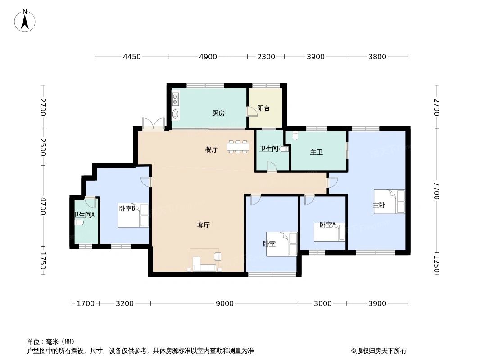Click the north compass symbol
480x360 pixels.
pos(25,21)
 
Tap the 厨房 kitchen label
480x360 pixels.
pos(218,113)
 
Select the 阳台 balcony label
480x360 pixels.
pos(263,108)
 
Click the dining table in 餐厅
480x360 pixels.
pos(238,147)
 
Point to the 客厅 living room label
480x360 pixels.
pos(204,225)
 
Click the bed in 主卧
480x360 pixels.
pos(389,202)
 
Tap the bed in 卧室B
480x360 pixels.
pos(133,216)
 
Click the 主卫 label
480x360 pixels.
pos(317,153)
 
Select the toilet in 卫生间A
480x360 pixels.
pos(79,222)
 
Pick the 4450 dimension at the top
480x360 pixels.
pos(132,57)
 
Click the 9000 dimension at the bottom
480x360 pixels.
pos(224,303)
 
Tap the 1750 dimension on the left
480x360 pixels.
pos(43,261)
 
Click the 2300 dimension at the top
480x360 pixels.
pos(266,57)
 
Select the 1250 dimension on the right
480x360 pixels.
pos(436,264)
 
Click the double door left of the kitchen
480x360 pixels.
pos(153,124)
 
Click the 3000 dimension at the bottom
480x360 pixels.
pos(323,303)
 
